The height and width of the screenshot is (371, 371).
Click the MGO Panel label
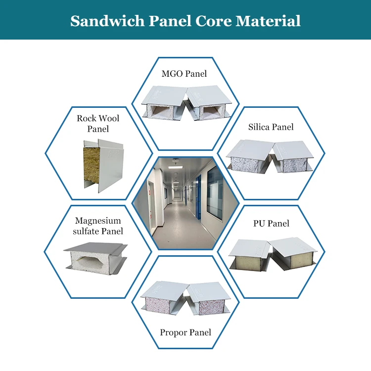point(184,74)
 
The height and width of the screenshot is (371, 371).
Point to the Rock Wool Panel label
point(98,123)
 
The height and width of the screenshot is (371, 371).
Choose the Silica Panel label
point(271,127)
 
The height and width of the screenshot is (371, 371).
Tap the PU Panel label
point(271,224)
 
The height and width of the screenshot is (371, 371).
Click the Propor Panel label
point(185,332)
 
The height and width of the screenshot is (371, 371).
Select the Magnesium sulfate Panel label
point(98,226)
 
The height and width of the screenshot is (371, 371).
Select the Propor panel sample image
point(185,299)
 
